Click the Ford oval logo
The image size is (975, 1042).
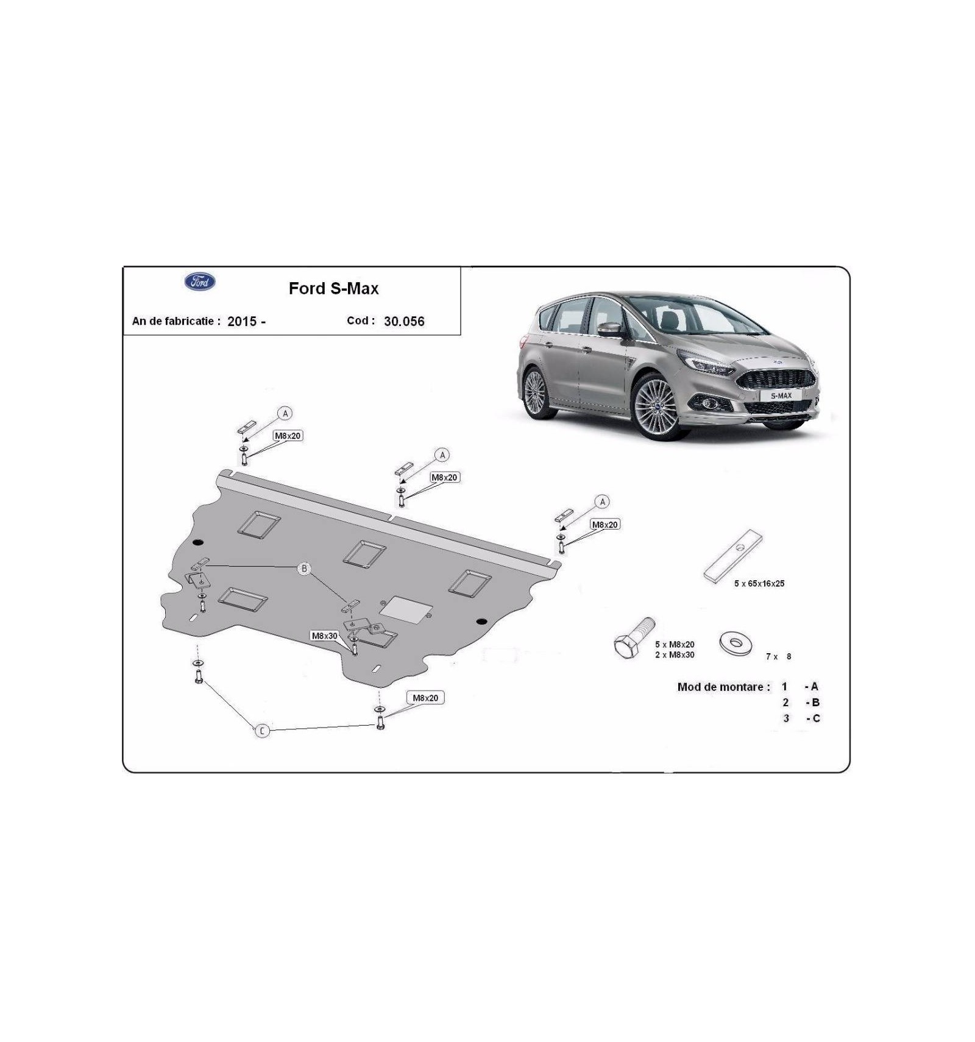click(x=200, y=282)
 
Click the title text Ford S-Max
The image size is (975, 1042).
click(x=333, y=288)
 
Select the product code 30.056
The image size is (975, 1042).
click(x=404, y=321)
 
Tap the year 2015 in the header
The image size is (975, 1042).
click(x=242, y=321)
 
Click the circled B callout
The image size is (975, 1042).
click(x=303, y=569)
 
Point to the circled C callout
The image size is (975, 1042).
click(x=262, y=731)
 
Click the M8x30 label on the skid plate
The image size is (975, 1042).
click(x=324, y=636)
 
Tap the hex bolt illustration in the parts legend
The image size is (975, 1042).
click(x=633, y=639)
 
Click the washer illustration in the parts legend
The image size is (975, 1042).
click(x=736, y=643)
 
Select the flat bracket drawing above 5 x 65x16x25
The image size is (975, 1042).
click(x=733, y=555)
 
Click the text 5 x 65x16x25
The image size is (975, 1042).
click(x=759, y=583)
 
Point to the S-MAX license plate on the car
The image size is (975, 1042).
click(x=781, y=395)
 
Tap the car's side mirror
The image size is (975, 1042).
click(x=609, y=329)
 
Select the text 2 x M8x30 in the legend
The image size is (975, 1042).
click(x=675, y=654)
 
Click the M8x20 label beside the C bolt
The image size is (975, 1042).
click(x=425, y=698)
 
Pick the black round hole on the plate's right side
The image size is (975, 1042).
click(x=481, y=622)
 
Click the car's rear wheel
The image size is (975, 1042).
click(x=536, y=393)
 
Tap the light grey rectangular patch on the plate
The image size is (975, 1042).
click(x=406, y=609)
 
